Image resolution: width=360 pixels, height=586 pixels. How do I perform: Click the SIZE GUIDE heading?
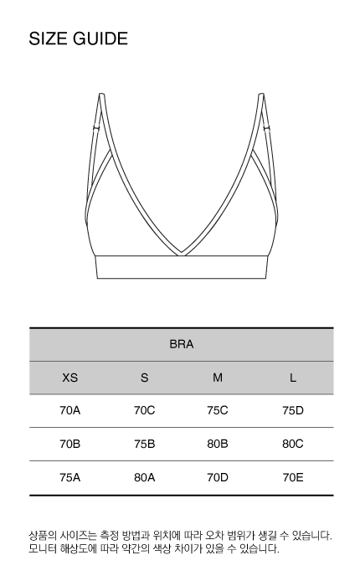tap(79, 39)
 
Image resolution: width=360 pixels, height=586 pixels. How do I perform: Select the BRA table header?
tap(182, 344)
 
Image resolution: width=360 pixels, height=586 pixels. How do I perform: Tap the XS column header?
tap(69, 378)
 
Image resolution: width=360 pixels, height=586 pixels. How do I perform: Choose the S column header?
tap(144, 378)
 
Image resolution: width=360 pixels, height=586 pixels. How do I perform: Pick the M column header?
tap(218, 378)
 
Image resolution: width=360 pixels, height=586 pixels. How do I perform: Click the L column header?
tap(293, 378)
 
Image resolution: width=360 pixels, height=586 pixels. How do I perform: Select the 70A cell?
tap(69, 410)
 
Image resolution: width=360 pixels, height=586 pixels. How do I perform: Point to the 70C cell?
tap(144, 410)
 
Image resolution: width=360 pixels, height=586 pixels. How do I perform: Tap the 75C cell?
tap(218, 410)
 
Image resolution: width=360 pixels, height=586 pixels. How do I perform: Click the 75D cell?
tap(293, 410)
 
